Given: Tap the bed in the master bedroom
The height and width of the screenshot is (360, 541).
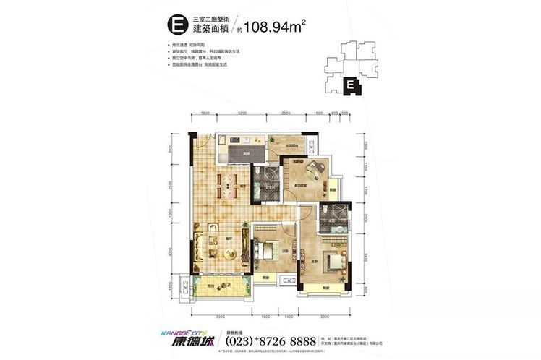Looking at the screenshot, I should [334, 262].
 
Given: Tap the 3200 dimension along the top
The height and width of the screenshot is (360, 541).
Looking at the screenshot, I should [242, 113].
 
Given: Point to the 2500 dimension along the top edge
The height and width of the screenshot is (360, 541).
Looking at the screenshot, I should [286, 113].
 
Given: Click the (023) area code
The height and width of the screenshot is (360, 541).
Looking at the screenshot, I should [242, 338].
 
